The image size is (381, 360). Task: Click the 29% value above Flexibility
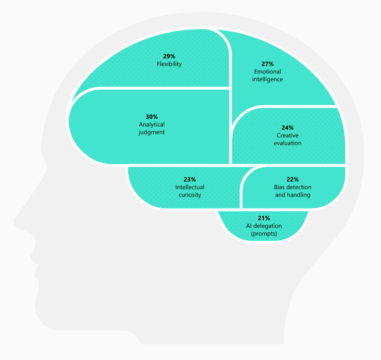pos(169,56)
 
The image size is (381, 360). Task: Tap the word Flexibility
pos(169,64)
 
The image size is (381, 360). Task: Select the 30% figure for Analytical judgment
pos(152,117)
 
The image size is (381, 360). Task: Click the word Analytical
pos(152,124)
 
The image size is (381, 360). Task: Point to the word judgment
pos(152,132)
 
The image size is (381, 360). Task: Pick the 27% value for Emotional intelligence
pos(268,64)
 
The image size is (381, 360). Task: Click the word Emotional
pos(268,72)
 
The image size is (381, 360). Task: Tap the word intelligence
pos(268,79)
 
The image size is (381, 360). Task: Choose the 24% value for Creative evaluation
pos(287,128)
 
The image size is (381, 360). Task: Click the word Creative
pos(287,136)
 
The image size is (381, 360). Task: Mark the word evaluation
pos(287,143)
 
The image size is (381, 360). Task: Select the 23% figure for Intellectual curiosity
pos(190,179)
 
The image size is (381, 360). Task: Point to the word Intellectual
pos(190,187)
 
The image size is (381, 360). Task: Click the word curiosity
pos(190,195)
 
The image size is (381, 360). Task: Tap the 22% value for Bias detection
pos(293,179)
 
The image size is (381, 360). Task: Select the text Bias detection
pos(293,187)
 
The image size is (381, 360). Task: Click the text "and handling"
pos(293,195)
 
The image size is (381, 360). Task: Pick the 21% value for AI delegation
pos(264,218)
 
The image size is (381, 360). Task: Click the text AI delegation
pos(264,226)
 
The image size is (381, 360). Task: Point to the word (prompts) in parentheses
pos(264,233)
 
